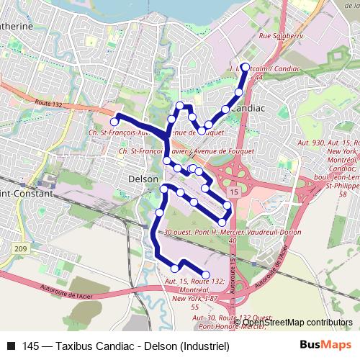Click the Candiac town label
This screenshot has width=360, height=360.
tap(248, 107)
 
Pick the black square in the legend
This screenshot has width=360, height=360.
tap(10, 346)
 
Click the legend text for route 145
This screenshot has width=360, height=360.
tap(125, 346)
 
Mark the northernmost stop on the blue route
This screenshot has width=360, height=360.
tap(245, 67)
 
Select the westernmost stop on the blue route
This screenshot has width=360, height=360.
tap(113, 122)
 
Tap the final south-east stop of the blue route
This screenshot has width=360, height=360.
tap(206, 274)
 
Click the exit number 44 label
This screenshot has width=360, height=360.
tap(258, 76)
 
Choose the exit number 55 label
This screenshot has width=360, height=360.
tap(195, 307)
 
